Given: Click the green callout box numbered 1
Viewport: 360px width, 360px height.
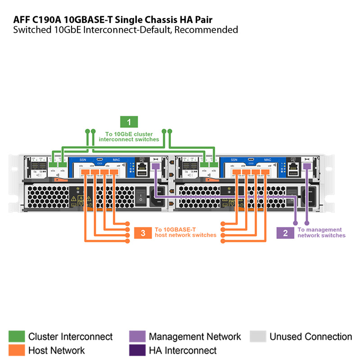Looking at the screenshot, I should (129, 121).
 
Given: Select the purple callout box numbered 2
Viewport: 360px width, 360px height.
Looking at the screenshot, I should (285, 233).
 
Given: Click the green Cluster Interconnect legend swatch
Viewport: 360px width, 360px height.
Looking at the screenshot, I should (17, 337).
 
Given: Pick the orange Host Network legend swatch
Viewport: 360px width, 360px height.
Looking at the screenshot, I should (17, 350).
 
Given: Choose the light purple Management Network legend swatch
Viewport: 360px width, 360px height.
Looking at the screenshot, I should (137, 337).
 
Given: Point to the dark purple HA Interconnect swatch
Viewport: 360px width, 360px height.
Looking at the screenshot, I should (137, 350).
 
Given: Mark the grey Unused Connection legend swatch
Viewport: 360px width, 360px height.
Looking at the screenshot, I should (257, 337).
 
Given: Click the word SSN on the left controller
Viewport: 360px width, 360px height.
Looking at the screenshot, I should (82, 160).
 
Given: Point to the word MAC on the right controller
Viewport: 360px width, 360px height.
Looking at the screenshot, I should (267, 160).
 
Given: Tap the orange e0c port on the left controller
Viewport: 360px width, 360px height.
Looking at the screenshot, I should (85, 171).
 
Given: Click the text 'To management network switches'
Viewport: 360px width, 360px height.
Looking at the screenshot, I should (321, 233).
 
